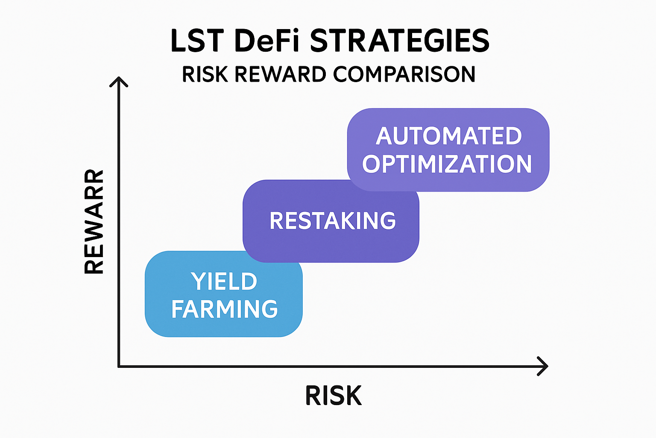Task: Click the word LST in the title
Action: tap(197, 41)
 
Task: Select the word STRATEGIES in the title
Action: tap(399, 41)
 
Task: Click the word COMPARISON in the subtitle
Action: tap(404, 74)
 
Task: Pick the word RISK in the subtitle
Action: tap(205, 74)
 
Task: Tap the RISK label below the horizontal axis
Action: tap(334, 396)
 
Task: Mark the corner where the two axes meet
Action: tap(119, 366)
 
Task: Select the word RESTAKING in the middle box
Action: tap(333, 221)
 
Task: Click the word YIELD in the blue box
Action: tap(224, 281)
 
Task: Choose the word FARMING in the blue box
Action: tap(225, 309)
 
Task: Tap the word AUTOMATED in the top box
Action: tap(449, 136)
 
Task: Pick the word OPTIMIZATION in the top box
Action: tap(447, 164)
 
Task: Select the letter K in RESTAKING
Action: tap(348, 221)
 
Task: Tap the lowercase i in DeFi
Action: tap(298, 41)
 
